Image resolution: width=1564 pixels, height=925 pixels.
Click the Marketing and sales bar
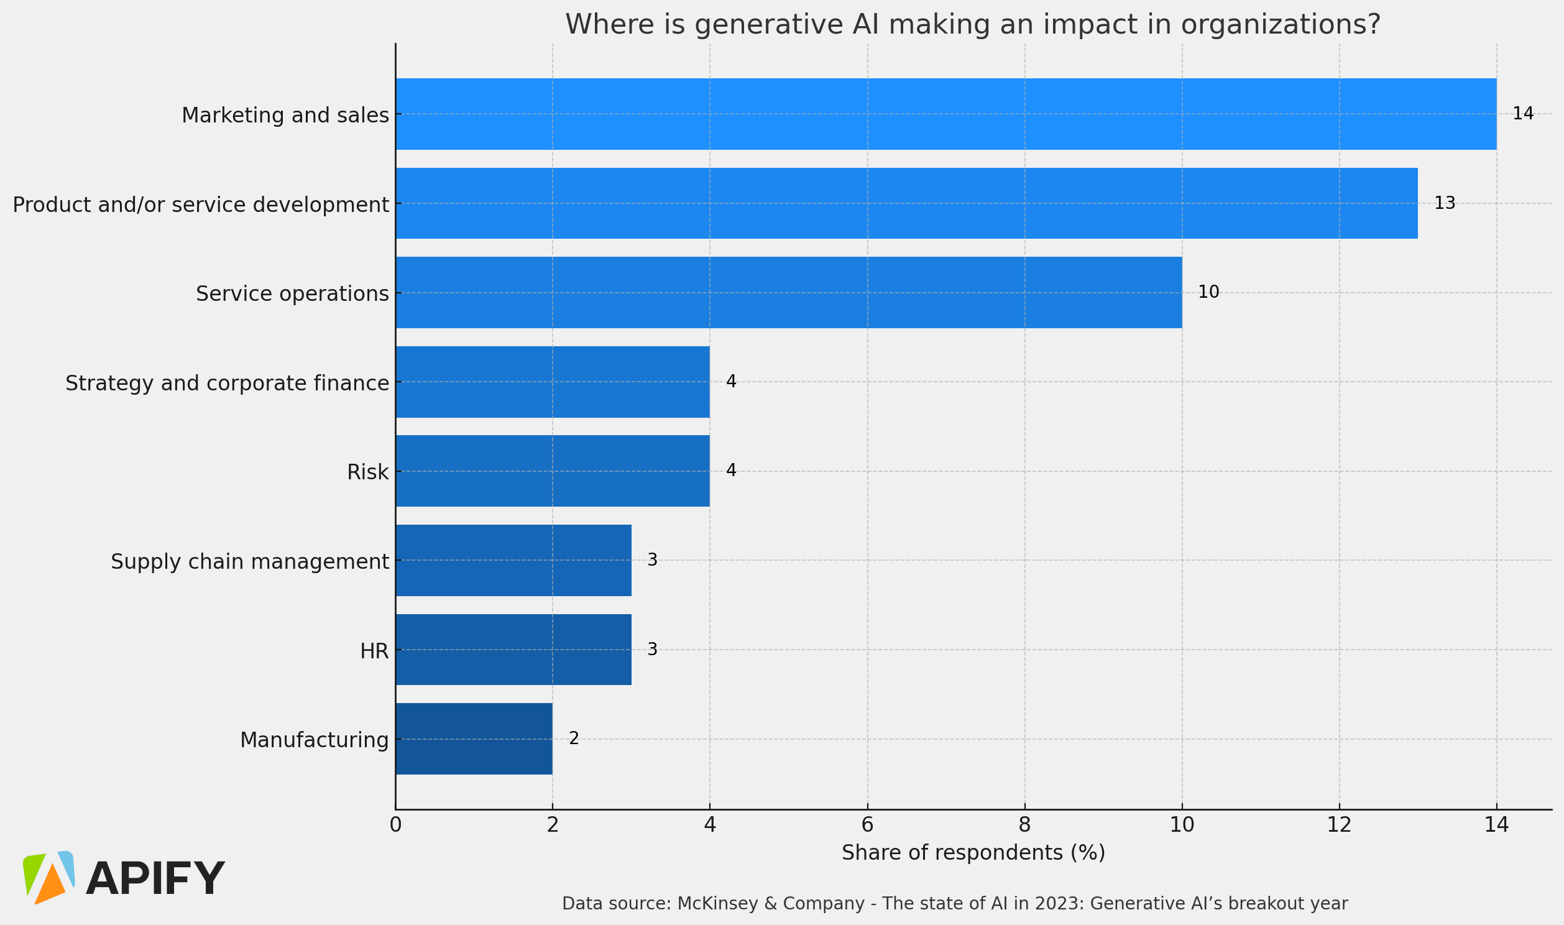(x=945, y=114)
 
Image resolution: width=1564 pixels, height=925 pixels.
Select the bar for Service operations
(x=788, y=292)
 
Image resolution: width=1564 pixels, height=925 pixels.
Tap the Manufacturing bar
(x=474, y=739)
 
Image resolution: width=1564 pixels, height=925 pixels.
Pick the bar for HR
(x=513, y=650)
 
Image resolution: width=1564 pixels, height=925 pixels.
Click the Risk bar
(x=552, y=471)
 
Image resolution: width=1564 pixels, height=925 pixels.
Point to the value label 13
(x=1445, y=203)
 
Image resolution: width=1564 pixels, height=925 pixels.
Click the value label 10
(x=1208, y=292)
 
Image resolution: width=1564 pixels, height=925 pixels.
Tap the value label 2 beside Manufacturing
(x=574, y=739)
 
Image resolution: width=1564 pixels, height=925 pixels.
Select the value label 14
(x=1523, y=114)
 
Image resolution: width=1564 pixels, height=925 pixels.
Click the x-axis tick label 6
(x=867, y=826)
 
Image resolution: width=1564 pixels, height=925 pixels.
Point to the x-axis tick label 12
(x=1338, y=826)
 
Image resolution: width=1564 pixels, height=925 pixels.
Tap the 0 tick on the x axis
(x=395, y=826)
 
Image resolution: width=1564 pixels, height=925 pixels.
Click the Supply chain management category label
(x=249, y=561)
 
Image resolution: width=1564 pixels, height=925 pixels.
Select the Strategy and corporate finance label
(x=227, y=383)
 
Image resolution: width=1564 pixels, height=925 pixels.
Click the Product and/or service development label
(x=201, y=205)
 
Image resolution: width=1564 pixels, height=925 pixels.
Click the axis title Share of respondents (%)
(x=973, y=853)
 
